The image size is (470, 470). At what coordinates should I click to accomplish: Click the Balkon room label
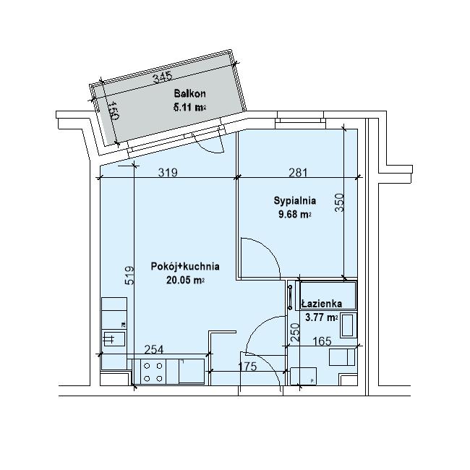[189, 93]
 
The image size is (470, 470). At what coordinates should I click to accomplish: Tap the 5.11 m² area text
[189, 107]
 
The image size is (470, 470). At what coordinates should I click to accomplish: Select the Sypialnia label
[294, 200]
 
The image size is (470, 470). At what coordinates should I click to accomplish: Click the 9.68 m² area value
[294, 214]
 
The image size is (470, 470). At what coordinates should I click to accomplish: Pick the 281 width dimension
[298, 172]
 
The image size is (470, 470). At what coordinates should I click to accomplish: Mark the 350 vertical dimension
[339, 202]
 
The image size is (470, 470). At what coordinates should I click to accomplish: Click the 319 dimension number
[168, 172]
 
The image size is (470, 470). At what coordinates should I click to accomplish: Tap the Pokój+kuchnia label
[185, 266]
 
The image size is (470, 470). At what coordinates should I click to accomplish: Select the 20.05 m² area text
[186, 280]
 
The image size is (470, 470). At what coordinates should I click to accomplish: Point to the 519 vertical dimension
[129, 275]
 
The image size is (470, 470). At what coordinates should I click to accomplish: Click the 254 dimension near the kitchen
[154, 349]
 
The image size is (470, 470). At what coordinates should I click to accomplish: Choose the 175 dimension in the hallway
[247, 367]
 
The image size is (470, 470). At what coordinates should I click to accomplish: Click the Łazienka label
[322, 304]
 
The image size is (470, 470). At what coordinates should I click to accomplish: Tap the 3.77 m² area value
[322, 317]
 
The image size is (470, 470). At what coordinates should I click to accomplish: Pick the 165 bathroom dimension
[322, 341]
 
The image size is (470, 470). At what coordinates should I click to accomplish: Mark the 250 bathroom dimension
[295, 332]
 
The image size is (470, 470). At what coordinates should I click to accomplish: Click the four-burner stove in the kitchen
[153, 372]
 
